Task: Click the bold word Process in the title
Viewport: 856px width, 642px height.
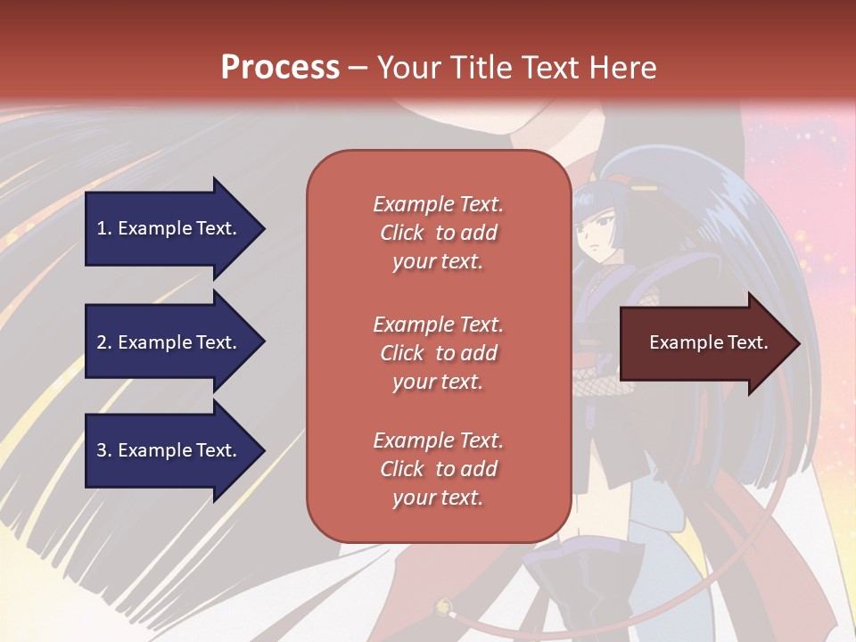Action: click(x=280, y=68)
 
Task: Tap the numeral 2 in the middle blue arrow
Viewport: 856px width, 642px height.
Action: click(x=102, y=342)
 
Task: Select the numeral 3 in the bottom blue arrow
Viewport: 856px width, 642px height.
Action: click(x=102, y=450)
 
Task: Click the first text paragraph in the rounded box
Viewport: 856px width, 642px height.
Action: click(x=438, y=233)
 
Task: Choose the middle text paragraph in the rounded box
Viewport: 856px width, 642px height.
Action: click(x=438, y=353)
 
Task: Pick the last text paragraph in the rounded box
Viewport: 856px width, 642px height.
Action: click(x=438, y=469)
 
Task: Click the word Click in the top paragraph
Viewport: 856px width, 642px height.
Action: click(x=402, y=233)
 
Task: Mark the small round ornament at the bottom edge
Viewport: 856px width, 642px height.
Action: click(x=441, y=609)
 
